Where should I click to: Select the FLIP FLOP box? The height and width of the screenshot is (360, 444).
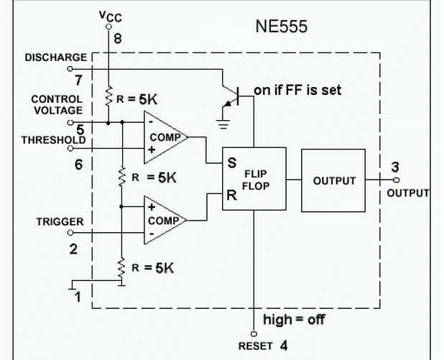[254, 180]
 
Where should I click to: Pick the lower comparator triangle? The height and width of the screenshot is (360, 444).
[164, 219]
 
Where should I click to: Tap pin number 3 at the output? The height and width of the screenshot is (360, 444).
[395, 167]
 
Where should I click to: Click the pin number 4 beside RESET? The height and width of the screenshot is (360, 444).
[284, 346]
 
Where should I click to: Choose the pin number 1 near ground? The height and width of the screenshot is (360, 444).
[79, 295]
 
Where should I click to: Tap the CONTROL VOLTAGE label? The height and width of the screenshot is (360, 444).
[57, 105]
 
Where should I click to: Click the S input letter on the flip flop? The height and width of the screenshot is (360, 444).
[232, 164]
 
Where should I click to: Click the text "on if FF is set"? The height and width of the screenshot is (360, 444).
[298, 91]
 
